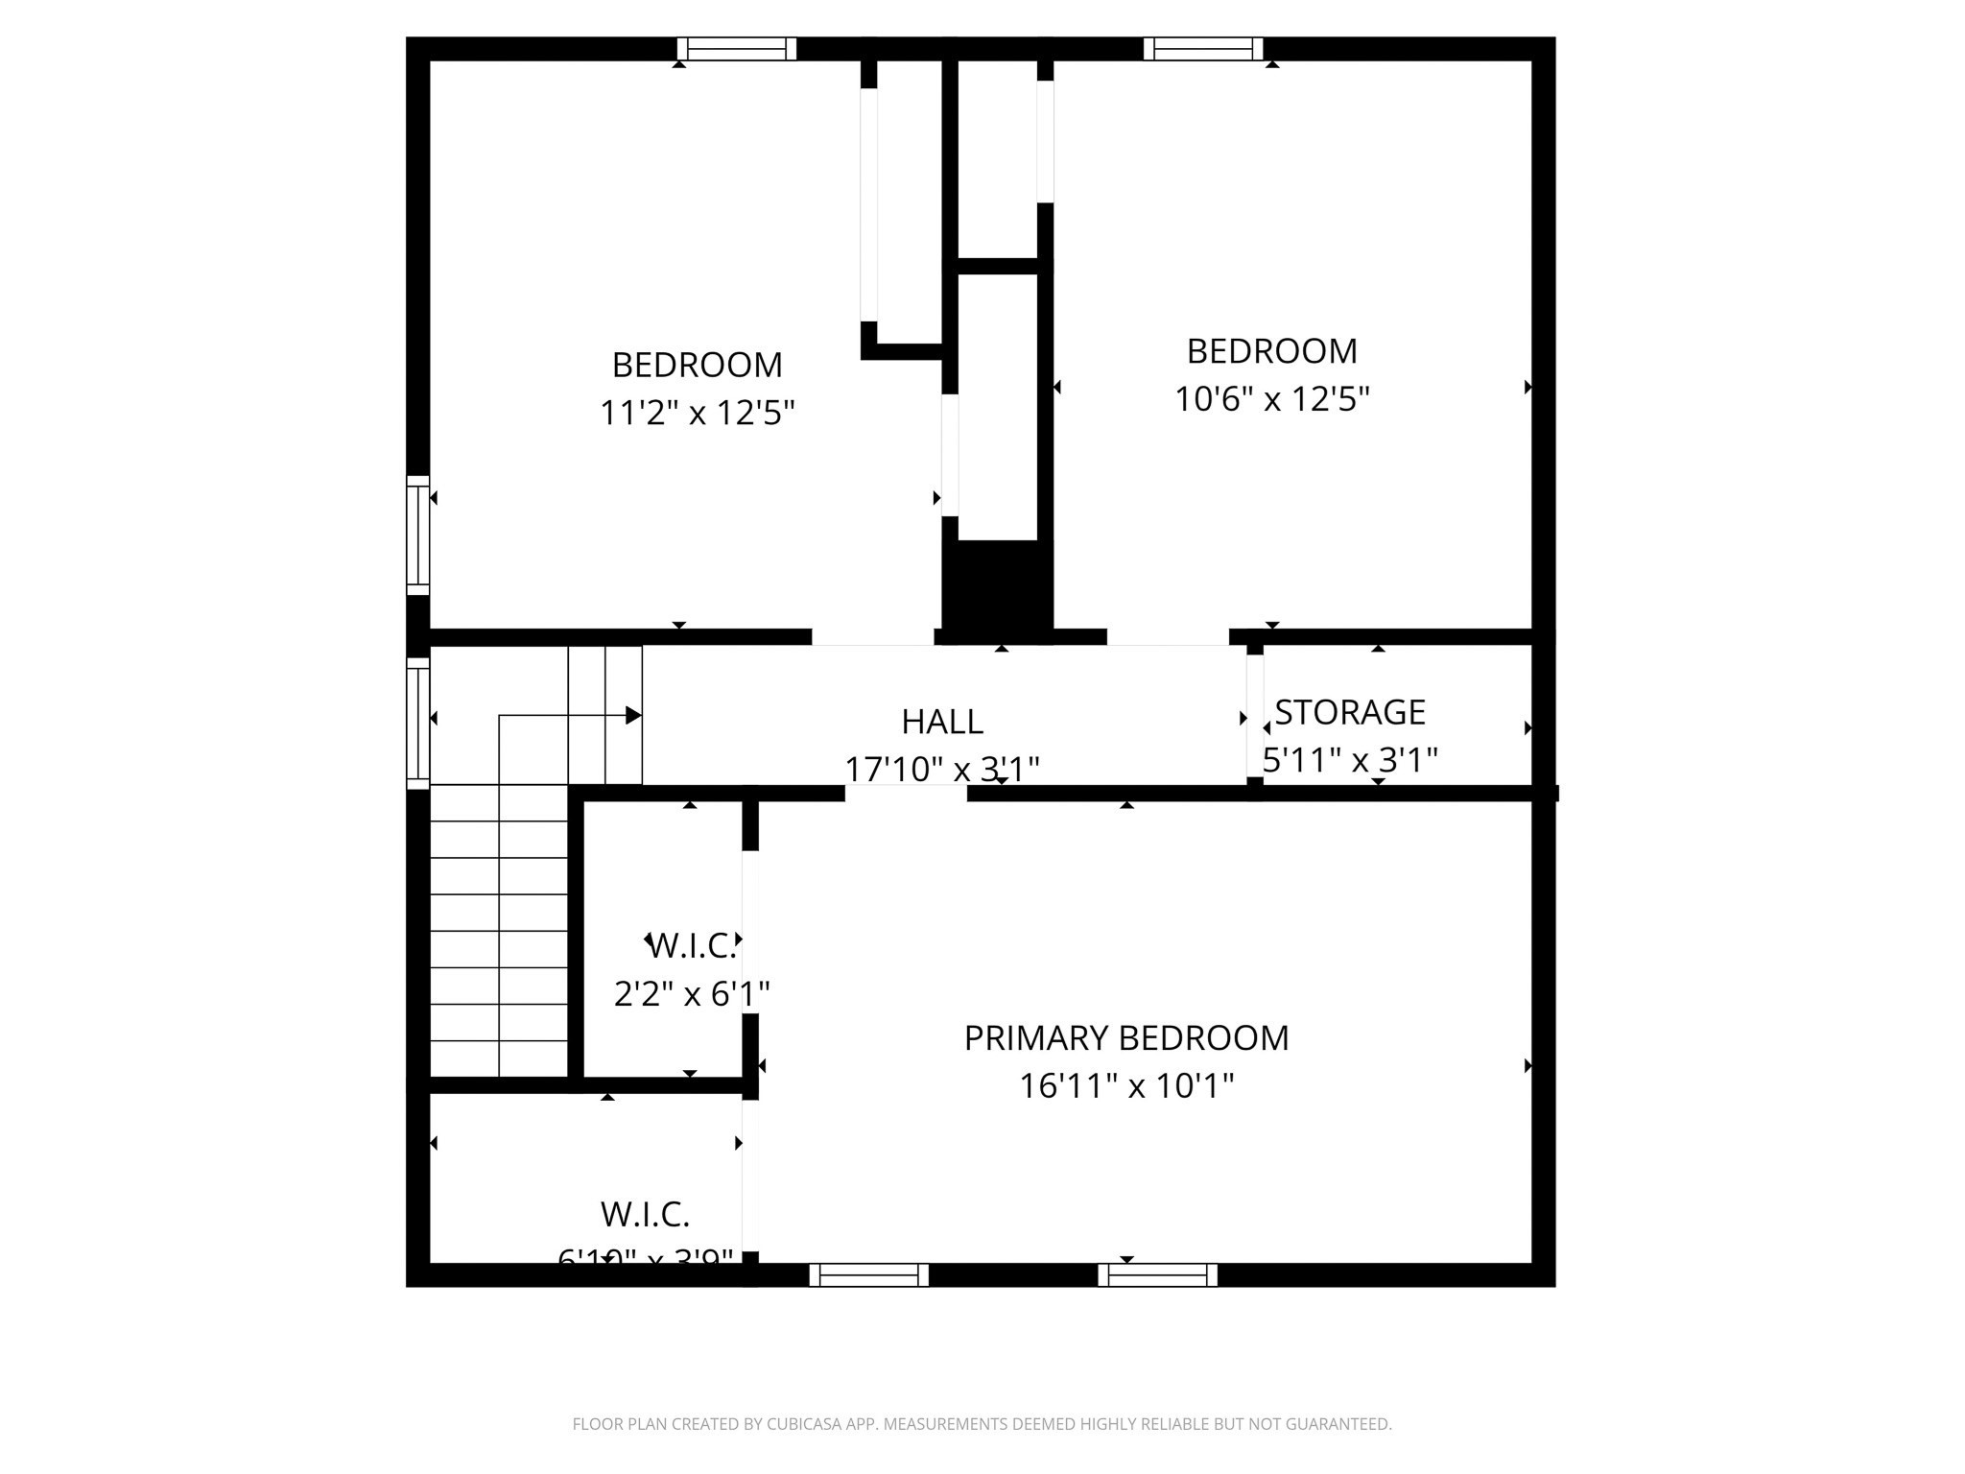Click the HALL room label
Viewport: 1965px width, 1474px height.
coord(941,722)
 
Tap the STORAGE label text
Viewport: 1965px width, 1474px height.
coord(1350,712)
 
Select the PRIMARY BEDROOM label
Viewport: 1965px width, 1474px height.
coord(1125,1038)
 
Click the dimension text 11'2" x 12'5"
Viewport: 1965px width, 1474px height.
coord(697,414)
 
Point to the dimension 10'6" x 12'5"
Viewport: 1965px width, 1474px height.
coord(1271,399)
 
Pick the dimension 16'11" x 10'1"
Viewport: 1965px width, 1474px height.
coord(1125,1086)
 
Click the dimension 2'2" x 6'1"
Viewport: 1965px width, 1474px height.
coord(691,994)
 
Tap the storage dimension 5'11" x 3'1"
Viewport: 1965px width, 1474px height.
coord(1350,761)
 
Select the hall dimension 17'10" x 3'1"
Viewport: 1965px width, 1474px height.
coord(941,769)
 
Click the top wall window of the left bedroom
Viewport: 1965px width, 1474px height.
coord(737,49)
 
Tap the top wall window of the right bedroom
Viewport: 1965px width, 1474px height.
coord(1202,49)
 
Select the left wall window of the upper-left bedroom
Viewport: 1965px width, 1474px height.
coord(417,535)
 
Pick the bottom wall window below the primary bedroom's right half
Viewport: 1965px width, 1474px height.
coord(1157,1274)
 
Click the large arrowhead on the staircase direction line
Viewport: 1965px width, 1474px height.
coord(633,715)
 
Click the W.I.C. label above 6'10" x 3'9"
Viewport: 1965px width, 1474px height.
coord(645,1215)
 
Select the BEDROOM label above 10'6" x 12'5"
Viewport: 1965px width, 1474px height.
coord(1271,351)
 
